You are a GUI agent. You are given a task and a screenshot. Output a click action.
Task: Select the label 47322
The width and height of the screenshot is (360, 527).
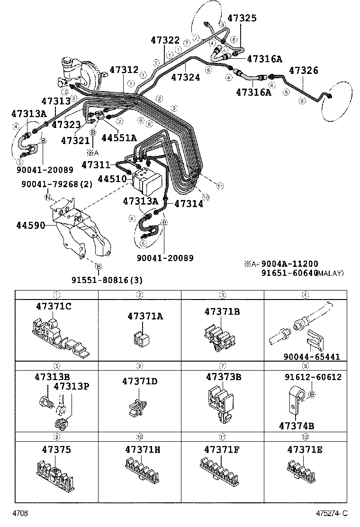(165, 41)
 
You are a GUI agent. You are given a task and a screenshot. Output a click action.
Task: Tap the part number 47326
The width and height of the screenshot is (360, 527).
(304, 71)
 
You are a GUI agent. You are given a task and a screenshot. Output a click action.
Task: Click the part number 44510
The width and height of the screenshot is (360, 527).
(112, 179)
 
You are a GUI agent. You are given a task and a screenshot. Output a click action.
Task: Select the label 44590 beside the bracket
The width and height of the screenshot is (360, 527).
(31, 226)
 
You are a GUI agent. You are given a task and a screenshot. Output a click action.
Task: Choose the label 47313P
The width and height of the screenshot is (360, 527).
(72, 385)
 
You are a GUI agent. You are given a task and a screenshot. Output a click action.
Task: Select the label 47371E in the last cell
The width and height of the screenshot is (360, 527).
(305, 448)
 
